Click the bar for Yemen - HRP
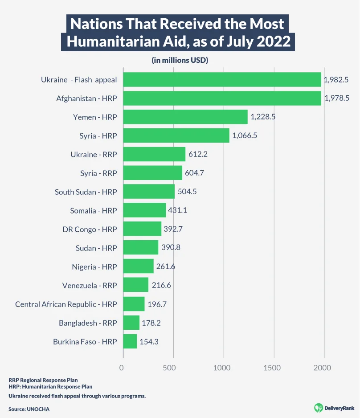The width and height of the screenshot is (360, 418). [x=185, y=117]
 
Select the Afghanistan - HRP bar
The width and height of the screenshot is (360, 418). [x=222, y=98]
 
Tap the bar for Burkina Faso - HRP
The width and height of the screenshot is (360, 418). [x=130, y=341]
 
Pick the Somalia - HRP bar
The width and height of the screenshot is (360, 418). [x=144, y=210]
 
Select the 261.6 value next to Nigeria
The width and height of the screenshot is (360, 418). [x=165, y=266]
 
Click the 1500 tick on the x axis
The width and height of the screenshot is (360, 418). [x=272, y=368]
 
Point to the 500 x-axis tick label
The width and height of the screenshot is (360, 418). [x=172, y=368]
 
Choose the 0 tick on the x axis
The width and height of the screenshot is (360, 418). [x=121, y=368]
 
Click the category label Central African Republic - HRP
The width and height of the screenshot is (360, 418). [x=66, y=304]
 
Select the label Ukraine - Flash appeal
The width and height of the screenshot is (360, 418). [x=79, y=80]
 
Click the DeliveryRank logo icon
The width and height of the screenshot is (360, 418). [x=318, y=407]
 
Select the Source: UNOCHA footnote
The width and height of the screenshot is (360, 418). [x=29, y=408]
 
